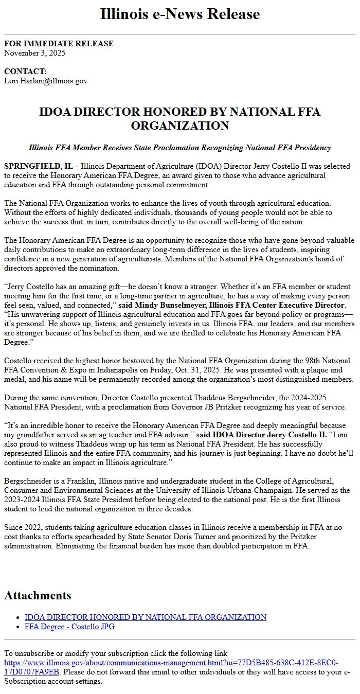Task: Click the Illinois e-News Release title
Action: (x=179, y=14)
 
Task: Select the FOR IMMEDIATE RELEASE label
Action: (x=59, y=44)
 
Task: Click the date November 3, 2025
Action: (x=34, y=52)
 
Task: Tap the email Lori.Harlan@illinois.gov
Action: (x=46, y=81)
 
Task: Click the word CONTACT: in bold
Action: (x=25, y=72)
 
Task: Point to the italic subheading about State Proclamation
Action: (x=179, y=148)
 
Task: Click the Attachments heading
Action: (x=38, y=595)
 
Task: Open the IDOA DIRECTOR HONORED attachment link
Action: (x=146, y=617)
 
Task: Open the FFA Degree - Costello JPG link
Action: (x=69, y=626)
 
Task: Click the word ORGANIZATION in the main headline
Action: (x=179, y=126)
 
